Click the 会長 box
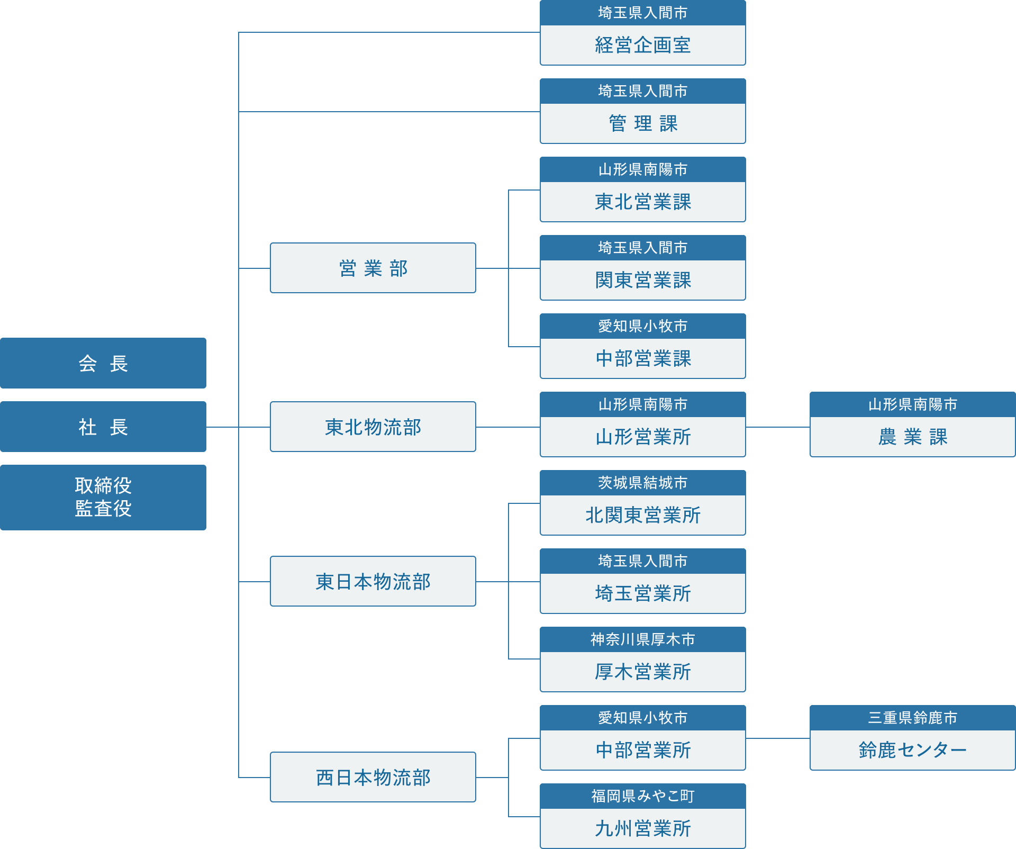[103, 363]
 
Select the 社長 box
[103, 427]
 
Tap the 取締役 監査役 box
[103, 497]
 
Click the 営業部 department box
[373, 268]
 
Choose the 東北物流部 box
[373, 427]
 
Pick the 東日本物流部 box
[373, 581]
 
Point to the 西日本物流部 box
[373, 777]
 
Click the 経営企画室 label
[642, 45]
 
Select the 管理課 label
[642, 123]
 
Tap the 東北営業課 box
[642, 202]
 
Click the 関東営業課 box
[642, 280]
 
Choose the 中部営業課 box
[642, 358]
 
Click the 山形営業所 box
[642, 437]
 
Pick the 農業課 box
[912, 437]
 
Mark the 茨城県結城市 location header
[642, 483]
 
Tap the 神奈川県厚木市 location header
[642, 639]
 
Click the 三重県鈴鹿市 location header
[912, 718]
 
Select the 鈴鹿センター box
[912, 750]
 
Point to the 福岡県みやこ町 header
[642, 796]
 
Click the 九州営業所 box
[642, 828]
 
